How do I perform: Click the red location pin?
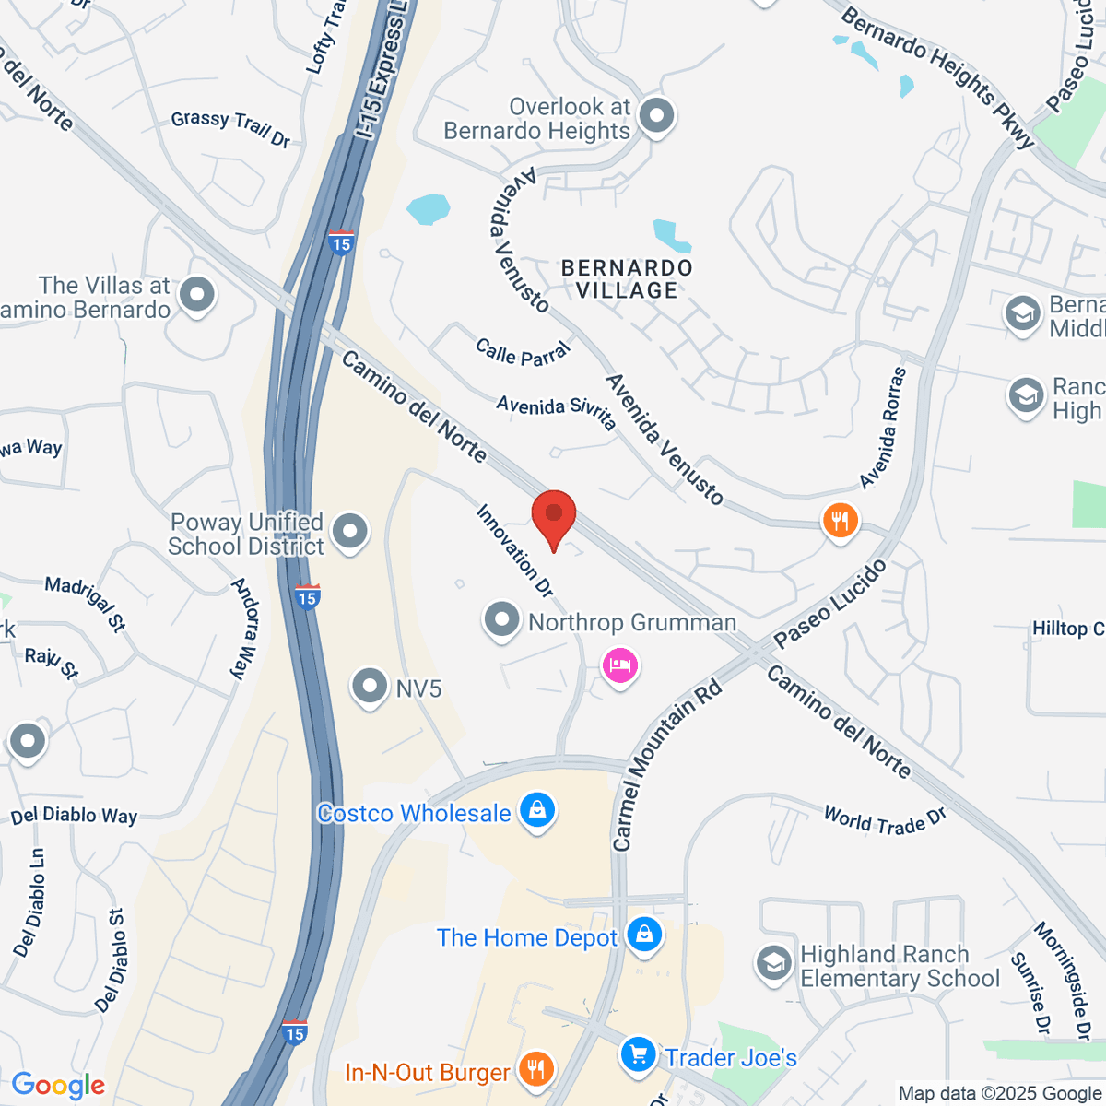coord(554,516)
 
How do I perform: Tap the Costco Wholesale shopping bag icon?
coord(537,811)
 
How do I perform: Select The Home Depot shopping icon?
coord(644,935)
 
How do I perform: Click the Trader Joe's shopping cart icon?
coord(638,1053)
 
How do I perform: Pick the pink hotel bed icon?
coord(619,665)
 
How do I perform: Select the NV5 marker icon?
coord(370,686)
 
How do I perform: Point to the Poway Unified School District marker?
coord(349,532)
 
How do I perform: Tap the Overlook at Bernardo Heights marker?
coord(657,116)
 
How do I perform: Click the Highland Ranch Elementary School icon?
coord(773,964)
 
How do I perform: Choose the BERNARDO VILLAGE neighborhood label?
coord(627,278)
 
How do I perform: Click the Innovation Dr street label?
coord(515,550)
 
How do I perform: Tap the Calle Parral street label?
coord(523,352)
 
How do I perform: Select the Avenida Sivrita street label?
coord(556,411)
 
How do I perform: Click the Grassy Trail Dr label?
coord(230,128)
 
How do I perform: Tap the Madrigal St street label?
coord(85,604)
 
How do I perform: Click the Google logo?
coord(58,1086)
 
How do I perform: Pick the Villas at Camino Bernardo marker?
coord(196,296)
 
